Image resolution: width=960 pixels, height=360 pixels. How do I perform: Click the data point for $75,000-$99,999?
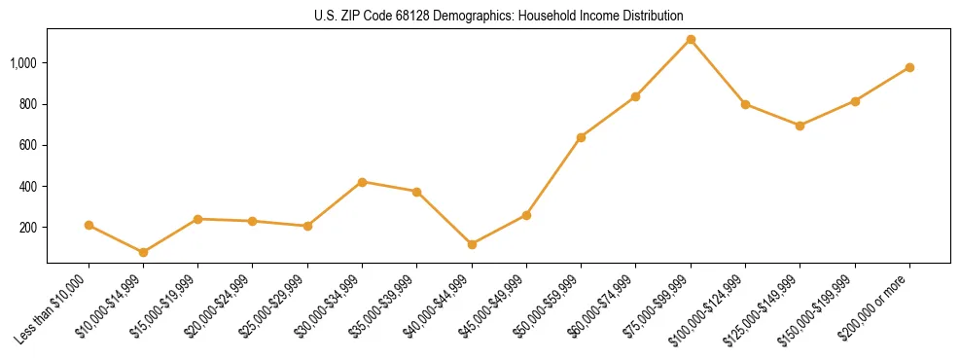pos(691,40)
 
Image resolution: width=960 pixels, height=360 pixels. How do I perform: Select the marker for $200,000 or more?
pos(909,67)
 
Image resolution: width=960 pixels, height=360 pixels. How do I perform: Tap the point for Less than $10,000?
pos(89,225)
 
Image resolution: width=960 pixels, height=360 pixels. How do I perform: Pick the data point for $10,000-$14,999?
pos(143,252)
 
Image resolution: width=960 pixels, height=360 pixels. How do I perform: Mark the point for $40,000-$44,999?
pos(472,244)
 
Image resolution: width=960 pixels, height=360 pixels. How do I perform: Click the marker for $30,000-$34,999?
pos(362,182)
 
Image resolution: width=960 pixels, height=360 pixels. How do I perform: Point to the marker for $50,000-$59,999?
pos(581,137)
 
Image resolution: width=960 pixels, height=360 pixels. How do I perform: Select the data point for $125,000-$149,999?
pos(800,126)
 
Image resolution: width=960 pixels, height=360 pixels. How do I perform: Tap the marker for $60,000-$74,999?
pos(635,96)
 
